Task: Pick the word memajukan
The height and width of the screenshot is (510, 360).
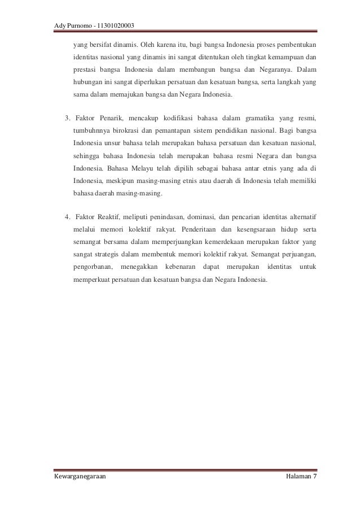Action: (x=126, y=96)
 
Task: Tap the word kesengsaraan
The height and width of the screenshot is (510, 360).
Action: (x=249, y=230)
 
